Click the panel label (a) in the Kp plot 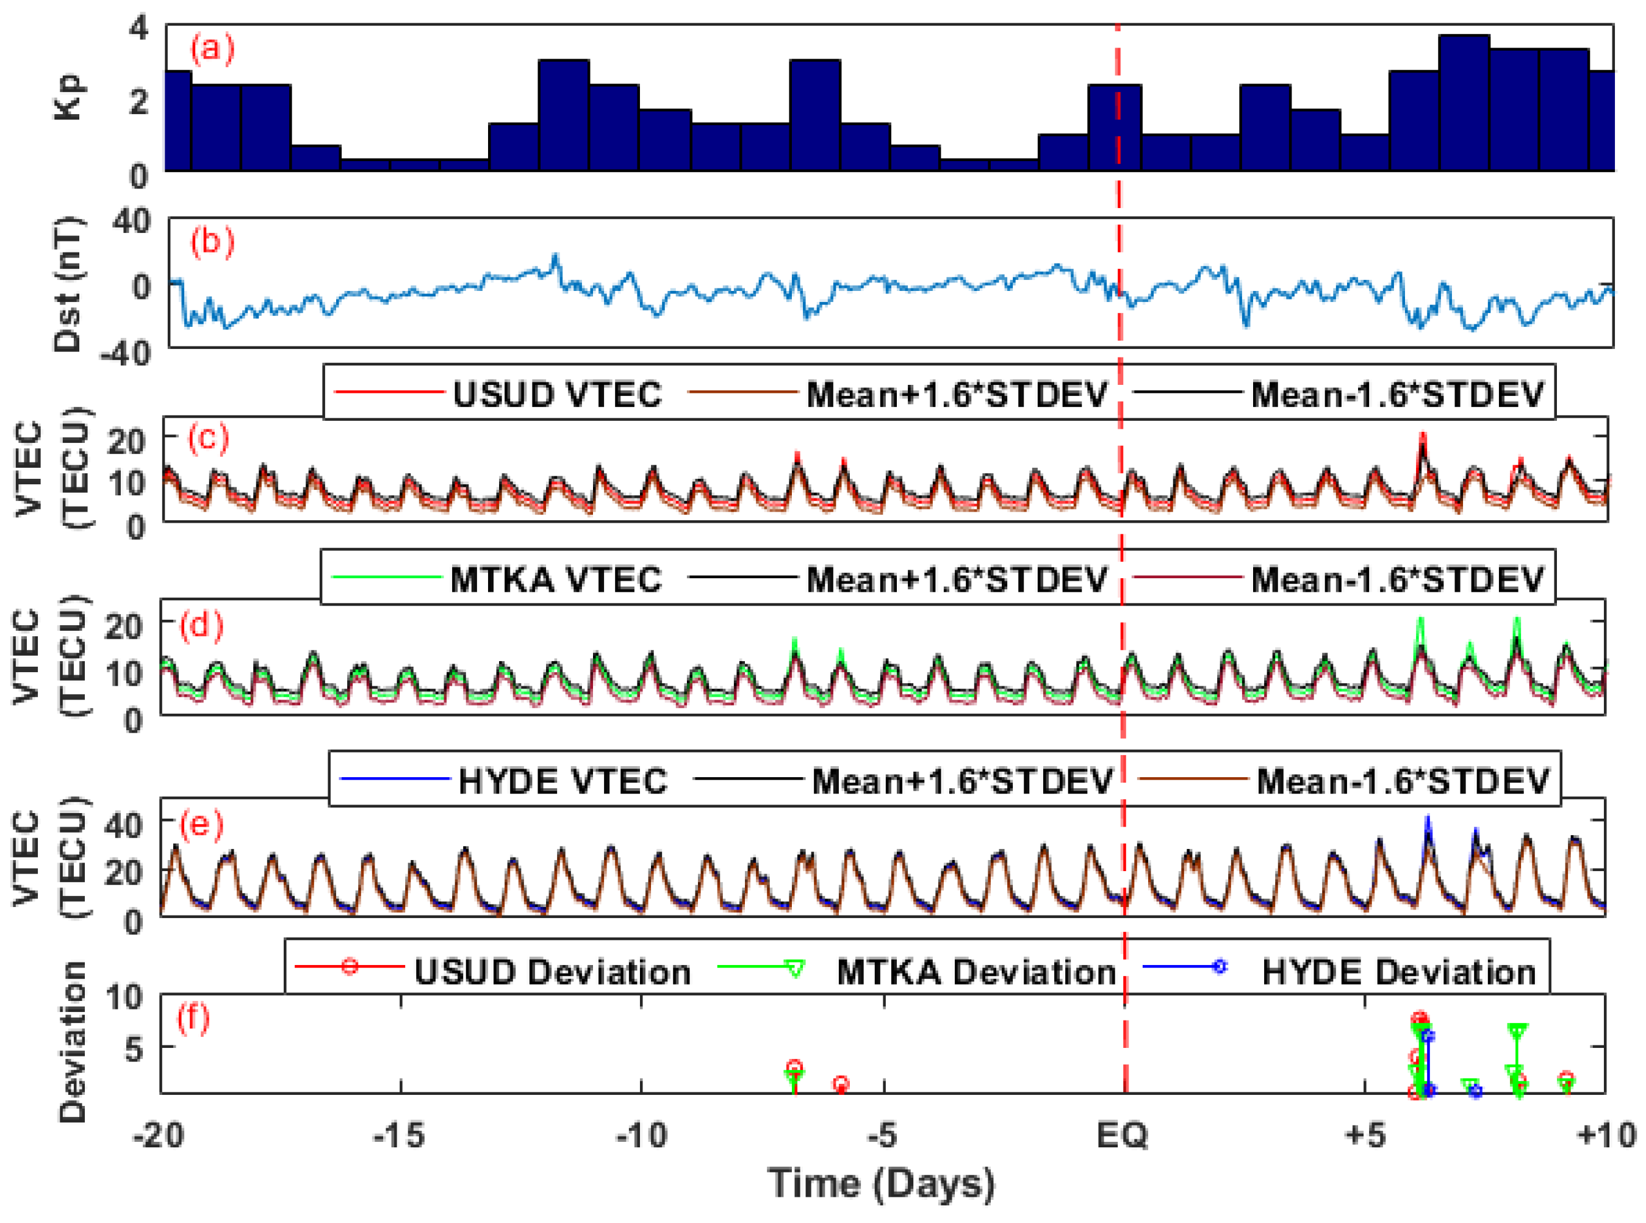click(x=212, y=49)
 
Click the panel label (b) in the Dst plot click(x=212, y=242)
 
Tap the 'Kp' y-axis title click(x=70, y=97)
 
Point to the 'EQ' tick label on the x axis click(x=1121, y=1134)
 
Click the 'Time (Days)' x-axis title click(x=881, y=1183)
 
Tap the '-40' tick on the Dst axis click(x=125, y=353)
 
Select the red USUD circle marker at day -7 click(x=793, y=1067)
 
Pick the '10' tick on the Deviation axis click(x=124, y=997)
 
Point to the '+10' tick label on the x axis click(x=1605, y=1134)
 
